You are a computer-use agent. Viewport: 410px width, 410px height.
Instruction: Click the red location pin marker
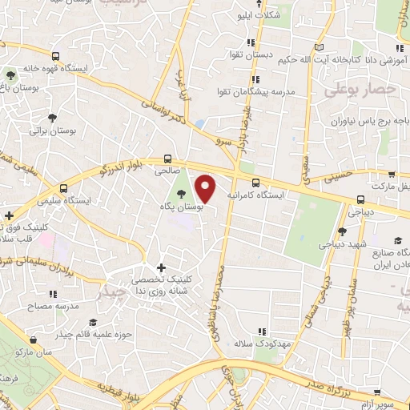[x=206, y=188]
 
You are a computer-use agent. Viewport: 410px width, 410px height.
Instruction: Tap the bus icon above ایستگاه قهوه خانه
[x=54, y=56]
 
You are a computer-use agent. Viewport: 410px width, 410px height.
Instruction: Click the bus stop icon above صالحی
[x=168, y=159]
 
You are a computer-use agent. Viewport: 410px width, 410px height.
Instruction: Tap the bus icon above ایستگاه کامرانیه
[x=255, y=183]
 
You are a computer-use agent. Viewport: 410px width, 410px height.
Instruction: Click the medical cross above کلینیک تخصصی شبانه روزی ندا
[x=161, y=267]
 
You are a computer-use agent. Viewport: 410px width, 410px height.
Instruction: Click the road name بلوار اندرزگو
[x=111, y=168]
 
